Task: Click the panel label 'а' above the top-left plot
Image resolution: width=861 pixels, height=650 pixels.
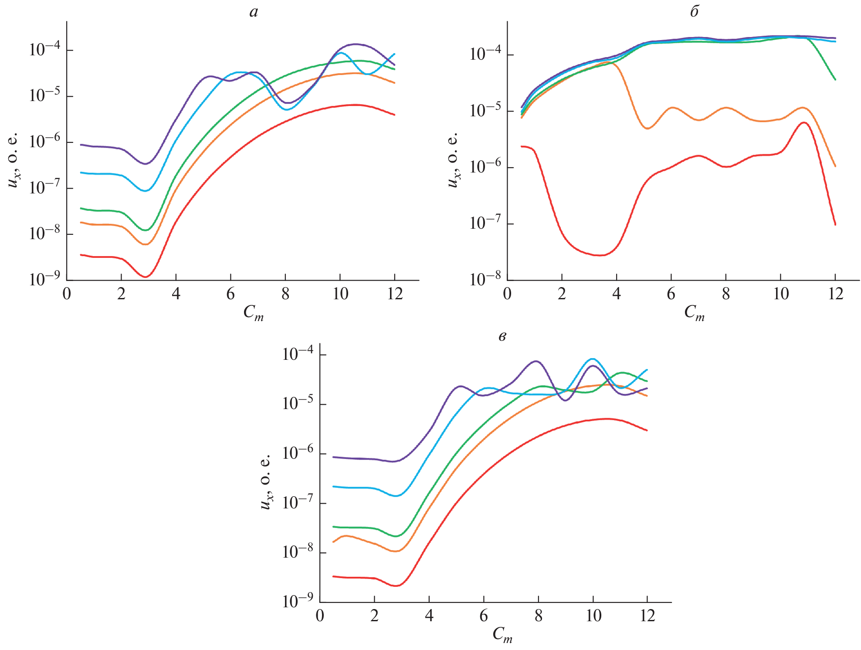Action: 254,12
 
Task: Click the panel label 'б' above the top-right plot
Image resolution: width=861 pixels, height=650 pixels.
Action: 694,11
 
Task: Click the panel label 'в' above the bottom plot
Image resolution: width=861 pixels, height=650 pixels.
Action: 502,336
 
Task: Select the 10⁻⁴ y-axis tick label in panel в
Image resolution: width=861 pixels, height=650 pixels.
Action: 298,354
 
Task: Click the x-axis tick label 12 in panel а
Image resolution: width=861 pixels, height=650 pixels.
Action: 395,294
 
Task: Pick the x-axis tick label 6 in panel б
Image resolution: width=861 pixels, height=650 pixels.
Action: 671,294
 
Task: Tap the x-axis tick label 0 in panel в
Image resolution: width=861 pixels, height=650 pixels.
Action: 320,616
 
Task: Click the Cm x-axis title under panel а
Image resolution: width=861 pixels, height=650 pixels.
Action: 254,313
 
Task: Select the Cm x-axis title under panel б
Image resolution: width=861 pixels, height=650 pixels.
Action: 694,313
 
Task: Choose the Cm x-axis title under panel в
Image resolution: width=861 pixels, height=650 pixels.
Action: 502,635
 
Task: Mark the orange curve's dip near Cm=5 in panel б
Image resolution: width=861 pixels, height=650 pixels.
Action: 647,128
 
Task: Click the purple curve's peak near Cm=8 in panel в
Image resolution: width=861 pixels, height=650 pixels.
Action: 536,361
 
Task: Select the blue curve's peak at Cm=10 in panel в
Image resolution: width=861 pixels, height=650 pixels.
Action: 592,359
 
